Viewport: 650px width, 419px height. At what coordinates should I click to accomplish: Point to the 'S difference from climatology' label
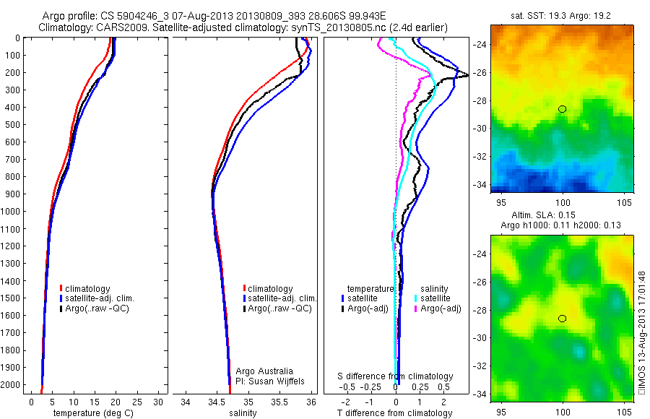tap(396, 376)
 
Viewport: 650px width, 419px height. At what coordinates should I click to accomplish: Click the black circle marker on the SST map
tap(563, 109)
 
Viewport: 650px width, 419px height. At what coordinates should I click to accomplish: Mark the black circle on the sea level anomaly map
tap(563, 319)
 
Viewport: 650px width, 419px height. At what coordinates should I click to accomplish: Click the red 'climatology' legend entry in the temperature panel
tap(89, 288)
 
